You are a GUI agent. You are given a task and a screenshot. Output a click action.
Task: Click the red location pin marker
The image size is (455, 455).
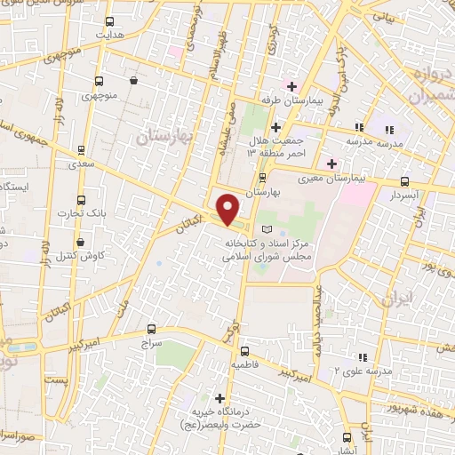[228, 208]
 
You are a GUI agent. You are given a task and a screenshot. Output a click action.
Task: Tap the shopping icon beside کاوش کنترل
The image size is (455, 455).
[81, 242]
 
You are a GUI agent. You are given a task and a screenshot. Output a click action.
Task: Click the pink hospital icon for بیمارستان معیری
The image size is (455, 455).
[332, 164]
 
